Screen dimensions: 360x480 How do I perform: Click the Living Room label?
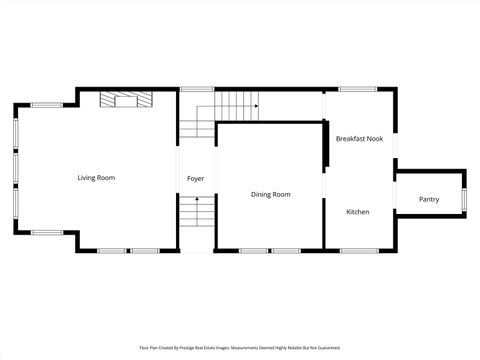97,178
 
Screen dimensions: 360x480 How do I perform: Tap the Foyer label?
196,179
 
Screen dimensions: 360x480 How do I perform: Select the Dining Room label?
270,194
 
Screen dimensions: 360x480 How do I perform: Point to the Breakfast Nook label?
359,139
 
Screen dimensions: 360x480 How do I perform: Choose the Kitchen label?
358,212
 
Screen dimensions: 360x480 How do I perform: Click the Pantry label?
429,200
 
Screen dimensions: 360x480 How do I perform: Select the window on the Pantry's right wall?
465,200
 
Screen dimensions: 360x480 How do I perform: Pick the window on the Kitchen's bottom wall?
357,250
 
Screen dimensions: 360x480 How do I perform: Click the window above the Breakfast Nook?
357,89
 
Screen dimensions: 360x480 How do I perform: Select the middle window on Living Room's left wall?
15,169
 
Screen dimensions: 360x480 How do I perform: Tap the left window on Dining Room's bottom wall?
253,250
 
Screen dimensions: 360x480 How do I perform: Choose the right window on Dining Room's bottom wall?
287,250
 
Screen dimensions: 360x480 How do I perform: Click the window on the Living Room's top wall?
46,105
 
